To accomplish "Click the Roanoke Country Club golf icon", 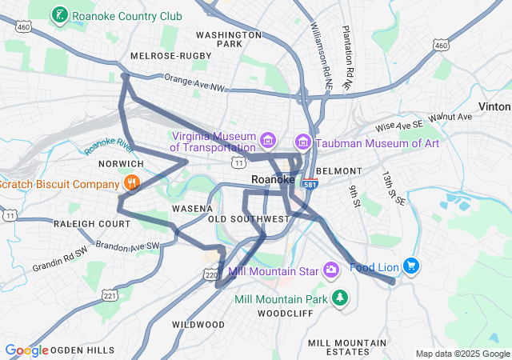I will click(59, 15).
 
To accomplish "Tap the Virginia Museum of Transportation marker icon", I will click(268, 142).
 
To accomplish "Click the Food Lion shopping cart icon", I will click(411, 266).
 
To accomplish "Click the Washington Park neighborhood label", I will click(230, 39).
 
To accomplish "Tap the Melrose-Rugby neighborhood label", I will click(170, 55).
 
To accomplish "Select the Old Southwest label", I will click(249, 218).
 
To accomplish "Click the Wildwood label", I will click(198, 324).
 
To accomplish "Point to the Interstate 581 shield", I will click(310, 184).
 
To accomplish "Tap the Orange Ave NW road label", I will click(195, 81).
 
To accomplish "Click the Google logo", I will click(27, 350).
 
